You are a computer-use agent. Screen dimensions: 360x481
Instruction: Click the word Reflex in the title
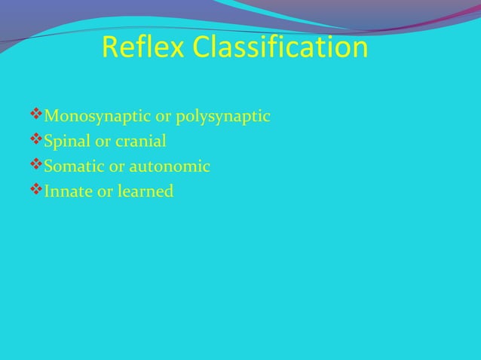pos(144,49)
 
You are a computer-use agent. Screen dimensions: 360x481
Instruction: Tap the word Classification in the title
pos(280,49)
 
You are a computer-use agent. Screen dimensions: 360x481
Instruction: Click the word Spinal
pos(66,142)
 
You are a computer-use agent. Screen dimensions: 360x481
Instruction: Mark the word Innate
pos(67,191)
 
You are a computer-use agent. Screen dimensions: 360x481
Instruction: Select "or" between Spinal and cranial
pos(101,142)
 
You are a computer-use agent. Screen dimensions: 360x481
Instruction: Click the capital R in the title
pos(110,49)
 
